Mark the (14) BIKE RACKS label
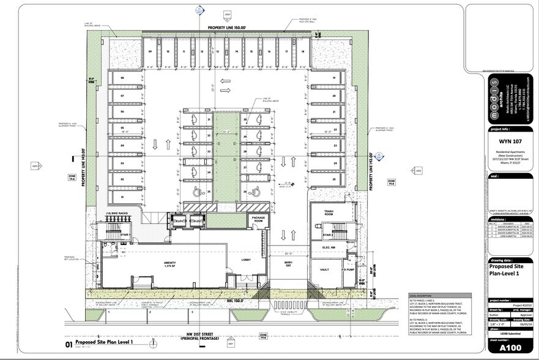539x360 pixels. [116, 213]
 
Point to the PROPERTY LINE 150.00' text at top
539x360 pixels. [226, 28]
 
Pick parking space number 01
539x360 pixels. [122, 197]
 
